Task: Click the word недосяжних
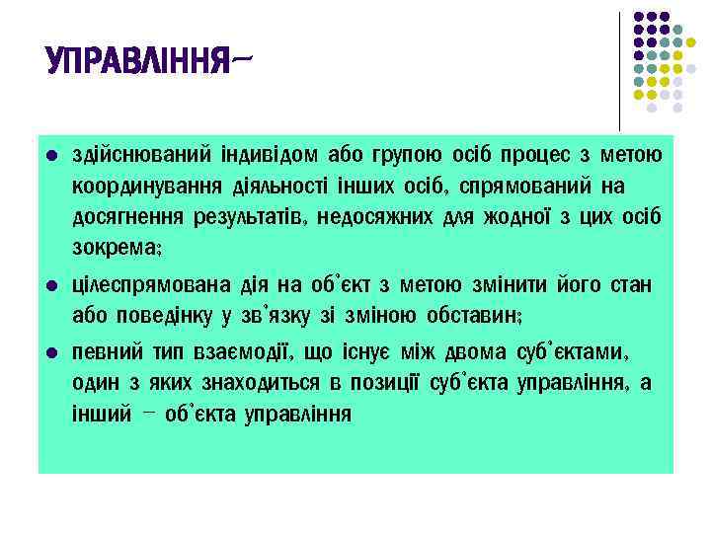[380, 216]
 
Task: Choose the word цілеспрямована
[150, 286]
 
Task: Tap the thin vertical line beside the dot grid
[620, 69]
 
